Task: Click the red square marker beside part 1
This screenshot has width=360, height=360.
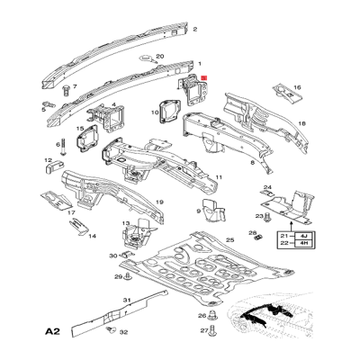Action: coord(206,78)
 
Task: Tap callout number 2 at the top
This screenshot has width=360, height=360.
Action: coord(195,29)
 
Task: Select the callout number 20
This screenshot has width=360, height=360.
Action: coord(160,57)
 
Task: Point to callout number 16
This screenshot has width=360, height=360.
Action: coord(297,88)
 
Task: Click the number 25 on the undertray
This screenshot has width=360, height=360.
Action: coord(229,240)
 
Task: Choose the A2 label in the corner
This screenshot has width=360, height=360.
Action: coord(53,332)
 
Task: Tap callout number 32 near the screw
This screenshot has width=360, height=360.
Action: coord(123,333)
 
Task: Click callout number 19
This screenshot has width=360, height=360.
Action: coord(158,203)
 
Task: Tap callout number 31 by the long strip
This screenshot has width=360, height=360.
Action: coord(127,298)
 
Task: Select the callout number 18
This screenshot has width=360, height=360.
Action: coord(302,122)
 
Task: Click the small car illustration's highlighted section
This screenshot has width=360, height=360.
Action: coord(266,315)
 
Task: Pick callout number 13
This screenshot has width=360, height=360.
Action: coord(125,223)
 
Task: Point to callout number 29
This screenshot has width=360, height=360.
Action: coord(117,277)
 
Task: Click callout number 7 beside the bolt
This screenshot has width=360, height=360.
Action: coord(75,88)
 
